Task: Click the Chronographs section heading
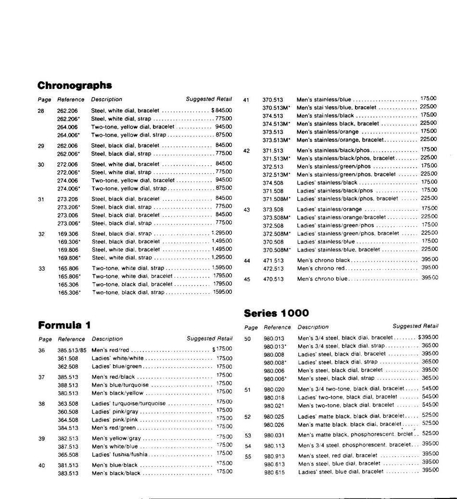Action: point(75,86)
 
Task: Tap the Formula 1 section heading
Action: point(64,325)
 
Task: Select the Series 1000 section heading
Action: point(276,313)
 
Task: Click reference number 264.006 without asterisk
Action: point(67,127)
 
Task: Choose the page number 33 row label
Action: point(41,268)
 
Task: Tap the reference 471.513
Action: point(273,261)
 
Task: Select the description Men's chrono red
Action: point(321,268)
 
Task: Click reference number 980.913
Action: point(274,456)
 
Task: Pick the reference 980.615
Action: point(274,472)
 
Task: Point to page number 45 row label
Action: point(246,279)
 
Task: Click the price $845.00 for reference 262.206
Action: point(221,111)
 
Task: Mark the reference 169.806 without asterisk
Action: point(68,249)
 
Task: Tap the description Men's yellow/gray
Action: point(116,438)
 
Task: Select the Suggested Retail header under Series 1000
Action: point(415,326)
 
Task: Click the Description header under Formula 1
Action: point(107,339)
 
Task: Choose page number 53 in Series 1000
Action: point(248,436)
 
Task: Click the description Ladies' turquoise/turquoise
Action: point(128,403)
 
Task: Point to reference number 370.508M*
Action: point(277,250)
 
